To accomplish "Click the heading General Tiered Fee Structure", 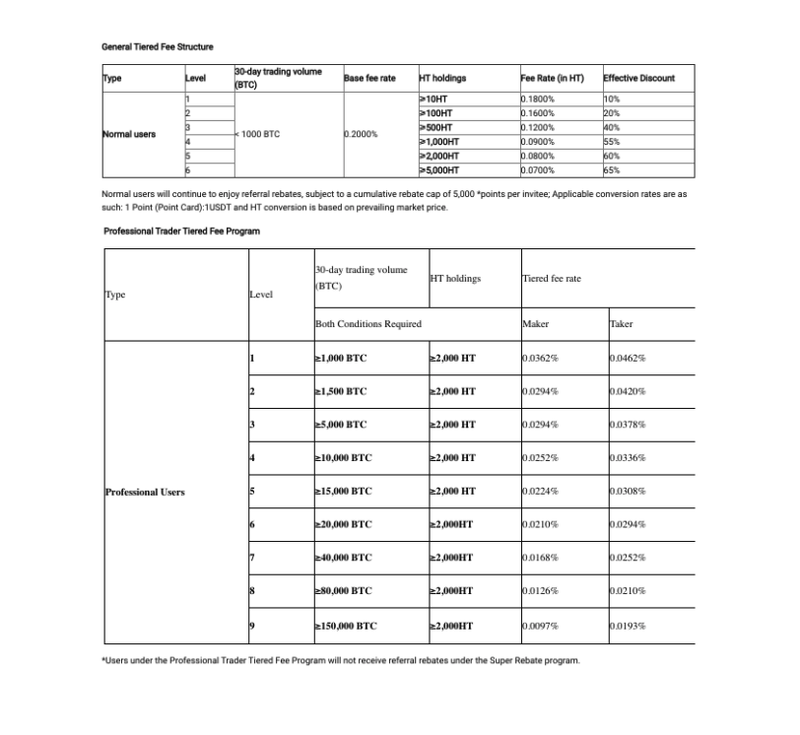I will click(x=158, y=47).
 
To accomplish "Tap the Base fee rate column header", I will click(x=368, y=78).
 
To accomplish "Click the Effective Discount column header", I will click(x=638, y=78).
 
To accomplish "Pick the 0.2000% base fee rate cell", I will click(x=361, y=134).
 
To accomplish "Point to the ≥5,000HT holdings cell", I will click(x=441, y=169).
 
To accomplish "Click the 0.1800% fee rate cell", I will click(x=538, y=100).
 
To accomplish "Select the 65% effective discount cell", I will click(x=612, y=169).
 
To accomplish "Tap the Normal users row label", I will click(x=129, y=134).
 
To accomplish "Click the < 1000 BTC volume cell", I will click(x=258, y=134).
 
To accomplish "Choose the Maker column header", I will click(x=536, y=323).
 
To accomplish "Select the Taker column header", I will click(x=621, y=323).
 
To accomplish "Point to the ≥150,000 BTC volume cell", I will click(x=345, y=626).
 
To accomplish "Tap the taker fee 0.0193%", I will click(x=628, y=626).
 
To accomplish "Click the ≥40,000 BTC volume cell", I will click(x=342, y=559).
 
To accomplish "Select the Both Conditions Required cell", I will click(x=367, y=323).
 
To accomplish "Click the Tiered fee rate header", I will click(x=552, y=279).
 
